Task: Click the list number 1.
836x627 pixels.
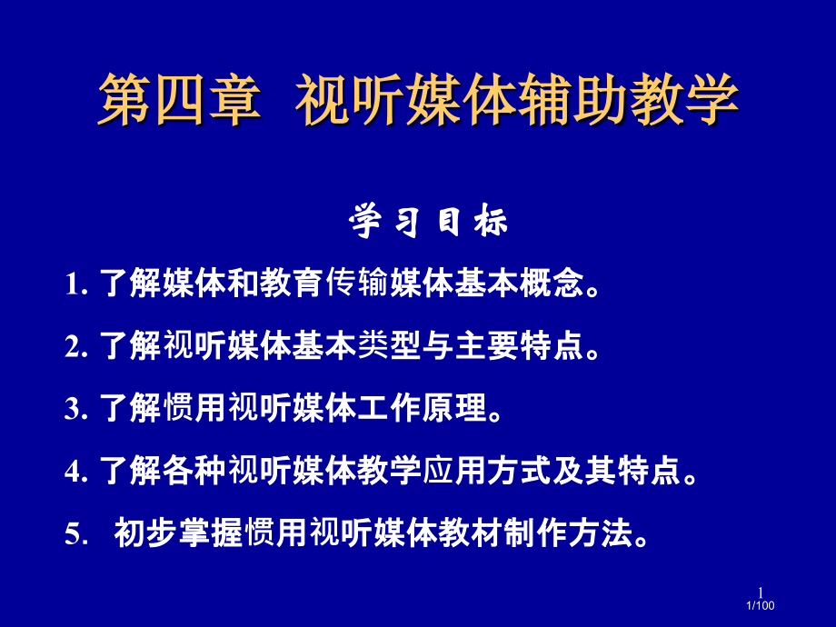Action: (73, 286)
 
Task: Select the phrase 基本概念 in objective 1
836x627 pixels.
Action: (522, 285)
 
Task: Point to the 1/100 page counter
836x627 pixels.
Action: (760, 606)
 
